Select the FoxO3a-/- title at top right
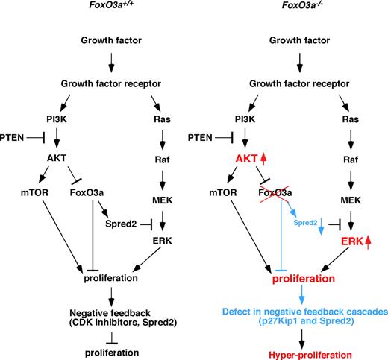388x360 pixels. point(283,8)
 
